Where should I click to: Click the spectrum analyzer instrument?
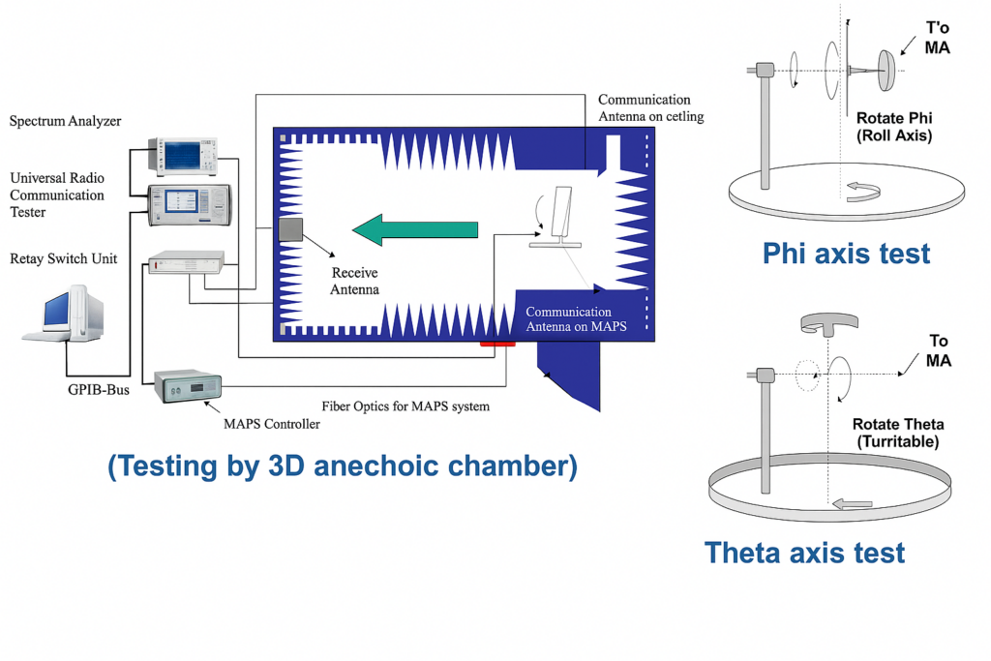[183, 156]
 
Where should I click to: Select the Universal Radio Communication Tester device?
[190, 205]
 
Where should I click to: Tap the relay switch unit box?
[187, 262]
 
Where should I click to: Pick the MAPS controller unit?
[189, 386]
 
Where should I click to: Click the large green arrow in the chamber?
[414, 229]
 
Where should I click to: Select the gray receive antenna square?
[290, 229]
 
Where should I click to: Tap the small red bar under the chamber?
[497, 344]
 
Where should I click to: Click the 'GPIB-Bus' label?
[99, 390]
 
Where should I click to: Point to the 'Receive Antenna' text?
[354, 281]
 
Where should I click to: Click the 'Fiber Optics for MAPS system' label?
[405, 406]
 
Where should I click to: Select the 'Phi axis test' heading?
[846, 254]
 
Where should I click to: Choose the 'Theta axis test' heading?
[804, 553]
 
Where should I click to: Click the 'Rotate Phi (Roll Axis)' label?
[894, 127]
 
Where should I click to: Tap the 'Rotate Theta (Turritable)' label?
[898, 433]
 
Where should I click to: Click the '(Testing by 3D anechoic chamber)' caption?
[343, 466]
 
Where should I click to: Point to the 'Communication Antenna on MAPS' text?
[577, 319]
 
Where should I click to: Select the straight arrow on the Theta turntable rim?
[853, 504]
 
